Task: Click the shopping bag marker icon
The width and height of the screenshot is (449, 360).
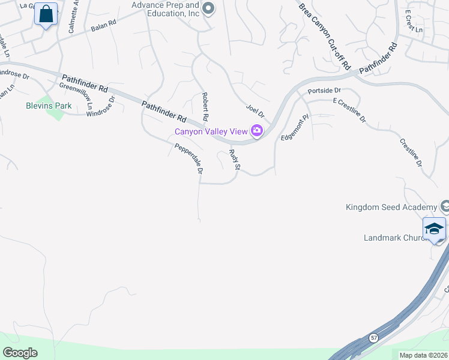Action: pyautogui.click(x=46, y=13)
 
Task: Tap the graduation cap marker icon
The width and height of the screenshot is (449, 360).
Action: pyautogui.click(x=434, y=229)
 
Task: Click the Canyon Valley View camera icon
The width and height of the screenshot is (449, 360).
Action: pyautogui.click(x=257, y=131)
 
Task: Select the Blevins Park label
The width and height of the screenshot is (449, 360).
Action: pyautogui.click(x=49, y=106)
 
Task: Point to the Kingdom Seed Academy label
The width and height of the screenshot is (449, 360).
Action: pyautogui.click(x=391, y=208)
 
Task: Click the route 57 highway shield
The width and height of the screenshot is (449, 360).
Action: pyautogui.click(x=373, y=337)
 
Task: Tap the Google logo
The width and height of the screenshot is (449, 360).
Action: pyautogui.click(x=20, y=353)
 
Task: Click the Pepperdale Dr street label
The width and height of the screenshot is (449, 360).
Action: pyautogui.click(x=189, y=159)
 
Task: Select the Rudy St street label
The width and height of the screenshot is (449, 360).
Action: pyautogui.click(x=235, y=160)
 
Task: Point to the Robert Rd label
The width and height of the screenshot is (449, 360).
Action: pyautogui.click(x=205, y=106)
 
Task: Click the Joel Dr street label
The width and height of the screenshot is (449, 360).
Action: pyautogui.click(x=255, y=110)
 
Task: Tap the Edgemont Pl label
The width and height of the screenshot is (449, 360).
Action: pyautogui.click(x=294, y=129)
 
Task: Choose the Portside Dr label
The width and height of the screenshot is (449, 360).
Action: pyautogui.click(x=324, y=91)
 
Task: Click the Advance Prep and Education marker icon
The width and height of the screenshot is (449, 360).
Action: pyautogui.click(x=208, y=8)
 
